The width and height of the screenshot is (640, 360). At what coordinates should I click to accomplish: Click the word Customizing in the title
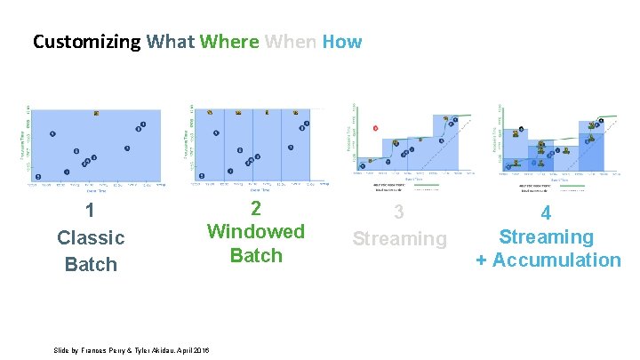click(x=86, y=42)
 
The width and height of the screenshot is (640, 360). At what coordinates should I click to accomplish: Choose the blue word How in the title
click(x=342, y=42)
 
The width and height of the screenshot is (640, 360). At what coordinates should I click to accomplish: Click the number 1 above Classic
click(x=90, y=211)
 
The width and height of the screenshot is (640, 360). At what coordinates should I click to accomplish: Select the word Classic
click(x=91, y=237)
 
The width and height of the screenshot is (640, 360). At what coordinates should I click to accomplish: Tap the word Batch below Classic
click(x=91, y=264)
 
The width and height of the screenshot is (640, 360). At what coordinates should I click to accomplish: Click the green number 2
click(x=256, y=208)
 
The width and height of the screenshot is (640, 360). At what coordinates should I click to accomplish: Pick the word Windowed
click(x=256, y=231)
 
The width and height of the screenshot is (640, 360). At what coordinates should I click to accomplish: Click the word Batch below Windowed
click(x=256, y=255)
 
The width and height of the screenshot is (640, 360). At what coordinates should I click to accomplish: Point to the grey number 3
click(x=399, y=212)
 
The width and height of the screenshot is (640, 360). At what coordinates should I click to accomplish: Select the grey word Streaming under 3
click(x=399, y=238)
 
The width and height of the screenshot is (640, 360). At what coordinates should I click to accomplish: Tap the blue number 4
click(x=546, y=213)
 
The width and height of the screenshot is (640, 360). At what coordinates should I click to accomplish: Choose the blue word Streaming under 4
click(x=546, y=236)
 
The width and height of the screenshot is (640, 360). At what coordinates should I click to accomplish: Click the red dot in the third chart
click(x=376, y=128)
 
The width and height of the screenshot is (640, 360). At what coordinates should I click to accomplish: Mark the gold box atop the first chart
click(x=96, y=113)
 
